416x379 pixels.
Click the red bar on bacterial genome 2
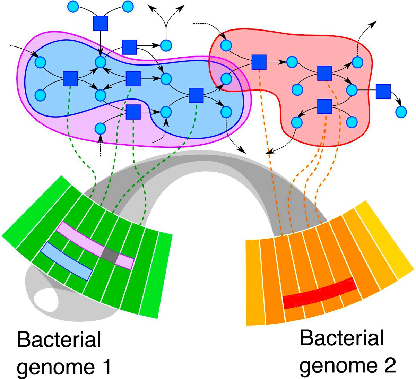319,293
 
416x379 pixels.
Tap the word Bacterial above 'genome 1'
59,340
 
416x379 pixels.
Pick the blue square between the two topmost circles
100,23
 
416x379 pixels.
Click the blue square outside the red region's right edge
383,91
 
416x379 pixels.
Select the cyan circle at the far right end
401,112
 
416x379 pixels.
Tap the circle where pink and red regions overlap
226,79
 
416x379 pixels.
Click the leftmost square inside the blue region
70,78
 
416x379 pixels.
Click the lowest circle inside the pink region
100,128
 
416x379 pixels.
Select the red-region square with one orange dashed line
259,62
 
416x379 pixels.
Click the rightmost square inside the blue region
196,95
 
